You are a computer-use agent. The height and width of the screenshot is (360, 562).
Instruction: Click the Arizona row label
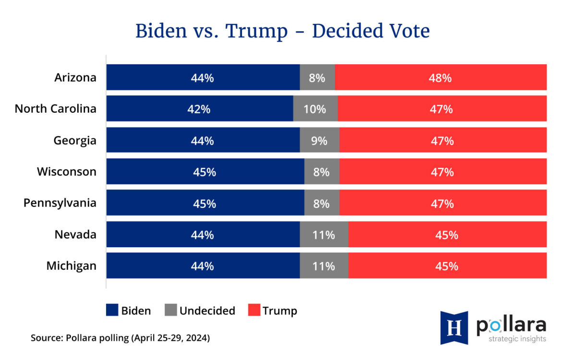(x=75, y=77)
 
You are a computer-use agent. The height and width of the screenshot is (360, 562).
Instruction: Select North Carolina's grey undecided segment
(x=315, y=109)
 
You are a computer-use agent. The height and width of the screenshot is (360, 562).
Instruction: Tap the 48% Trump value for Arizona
(x=440, y=78)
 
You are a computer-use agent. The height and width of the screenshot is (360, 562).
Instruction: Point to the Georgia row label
(x=75, y=141)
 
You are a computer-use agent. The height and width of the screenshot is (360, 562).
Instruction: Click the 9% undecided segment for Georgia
(x=319, y=141)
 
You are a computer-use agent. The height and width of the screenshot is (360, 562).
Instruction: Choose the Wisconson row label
(x=67, y=171)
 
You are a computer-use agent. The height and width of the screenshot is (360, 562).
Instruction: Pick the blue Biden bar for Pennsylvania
(x=205, y=203)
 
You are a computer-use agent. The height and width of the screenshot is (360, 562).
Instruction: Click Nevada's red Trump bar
(x=447, y=235)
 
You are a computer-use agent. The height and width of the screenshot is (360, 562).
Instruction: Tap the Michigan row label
(x=72, y=265)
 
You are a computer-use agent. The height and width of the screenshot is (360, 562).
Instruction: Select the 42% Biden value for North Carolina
(x=198, y=109)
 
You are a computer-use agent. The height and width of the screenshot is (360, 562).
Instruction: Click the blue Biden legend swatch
(x=112, y=310)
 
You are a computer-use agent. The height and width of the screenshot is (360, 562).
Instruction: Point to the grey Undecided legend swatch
(x=171, y=310)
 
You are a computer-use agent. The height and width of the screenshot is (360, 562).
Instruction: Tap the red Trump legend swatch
(x=254, y=310)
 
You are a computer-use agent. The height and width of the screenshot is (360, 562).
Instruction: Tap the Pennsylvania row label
(x=60, y=203)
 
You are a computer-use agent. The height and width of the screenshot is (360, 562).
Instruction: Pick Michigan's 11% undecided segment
(x=324, y=266)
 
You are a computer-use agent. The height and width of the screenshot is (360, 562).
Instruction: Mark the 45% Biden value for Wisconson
(x=205, y=172)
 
